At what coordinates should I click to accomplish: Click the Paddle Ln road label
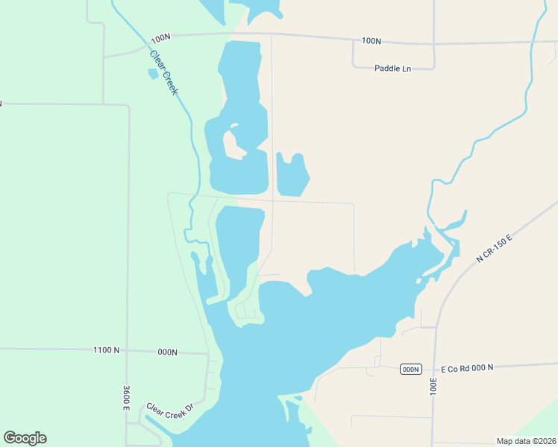tap(392, 69)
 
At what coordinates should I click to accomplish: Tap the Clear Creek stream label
tap(165, 72)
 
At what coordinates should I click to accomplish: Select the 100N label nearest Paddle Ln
tap(371, 41)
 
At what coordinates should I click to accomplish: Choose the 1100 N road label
tap(107, 350)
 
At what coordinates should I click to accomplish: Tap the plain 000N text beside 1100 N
tap(166, 352)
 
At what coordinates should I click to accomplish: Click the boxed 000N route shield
tap(411, 370)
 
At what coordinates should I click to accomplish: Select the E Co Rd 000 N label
tap(467, 369)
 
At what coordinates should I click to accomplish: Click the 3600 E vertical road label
tap(127, 397)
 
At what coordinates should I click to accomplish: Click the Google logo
tap(25, 438)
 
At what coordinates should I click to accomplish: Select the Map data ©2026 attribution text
tap(526, 441)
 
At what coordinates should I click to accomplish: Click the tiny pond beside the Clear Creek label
tap(153, 74)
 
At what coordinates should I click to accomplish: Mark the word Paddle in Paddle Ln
tap(387, 69)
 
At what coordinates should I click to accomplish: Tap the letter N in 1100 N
tap(116, 350)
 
